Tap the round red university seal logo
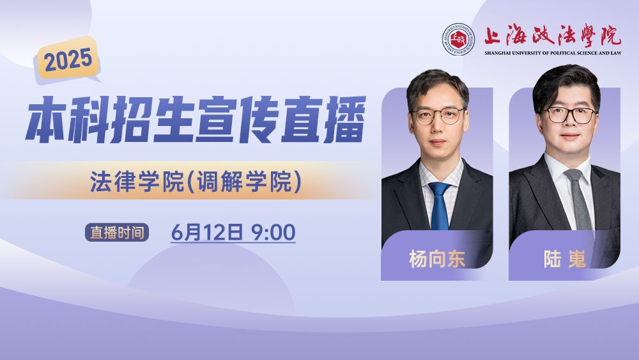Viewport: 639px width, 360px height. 458,38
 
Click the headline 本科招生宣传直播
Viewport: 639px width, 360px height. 195,120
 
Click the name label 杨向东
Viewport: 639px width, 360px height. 437,259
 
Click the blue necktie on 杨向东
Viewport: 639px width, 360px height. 440,205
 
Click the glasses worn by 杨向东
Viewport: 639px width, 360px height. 438,116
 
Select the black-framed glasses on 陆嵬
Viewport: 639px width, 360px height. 568,115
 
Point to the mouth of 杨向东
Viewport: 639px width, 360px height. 437,143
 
